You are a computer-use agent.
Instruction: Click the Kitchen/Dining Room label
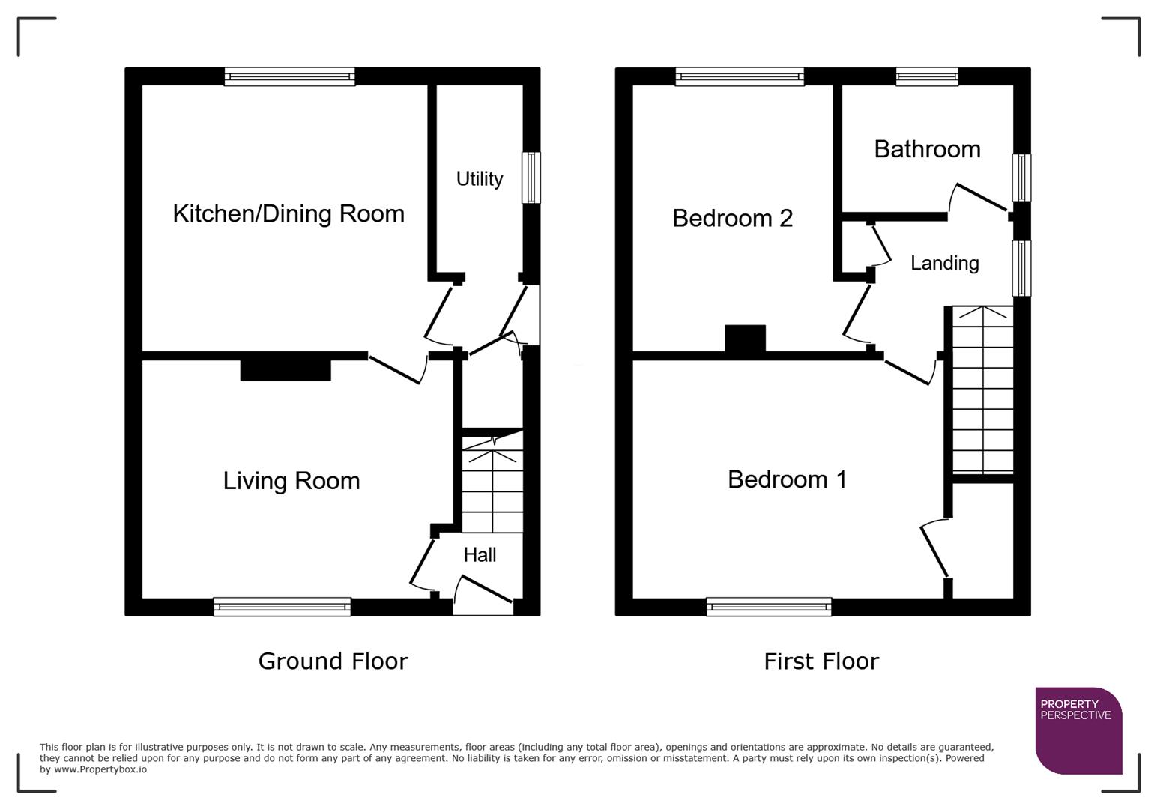pos(289,214)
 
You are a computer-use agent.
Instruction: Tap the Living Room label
pos(291,481)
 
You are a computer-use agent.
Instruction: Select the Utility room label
pos(480,179)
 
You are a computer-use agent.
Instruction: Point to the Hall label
pos(480,555)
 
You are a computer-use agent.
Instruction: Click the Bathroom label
pos(927,149)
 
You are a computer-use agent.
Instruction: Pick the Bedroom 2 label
pos(732,219)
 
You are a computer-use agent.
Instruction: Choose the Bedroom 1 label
pos(787,479)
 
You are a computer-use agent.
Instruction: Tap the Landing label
pos(944,264)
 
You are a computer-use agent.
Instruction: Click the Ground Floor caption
pos(333,661)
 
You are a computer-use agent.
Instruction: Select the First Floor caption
pos(821,661)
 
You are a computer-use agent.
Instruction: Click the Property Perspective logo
pos(1078,730)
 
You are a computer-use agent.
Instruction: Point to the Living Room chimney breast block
pos(286,370)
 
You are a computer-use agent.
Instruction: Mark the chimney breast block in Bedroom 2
pos(745,338)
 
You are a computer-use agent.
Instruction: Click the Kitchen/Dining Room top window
pos(289,76)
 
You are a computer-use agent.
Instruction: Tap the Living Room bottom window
pos(282,607)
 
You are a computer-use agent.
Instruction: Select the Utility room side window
pos(531,178)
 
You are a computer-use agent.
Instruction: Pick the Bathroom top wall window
pos(927,76)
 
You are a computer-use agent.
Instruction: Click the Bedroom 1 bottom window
pos(769,607)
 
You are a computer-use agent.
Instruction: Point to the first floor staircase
pos(982,390)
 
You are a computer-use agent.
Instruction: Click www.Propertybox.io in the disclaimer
pos(100,769)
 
